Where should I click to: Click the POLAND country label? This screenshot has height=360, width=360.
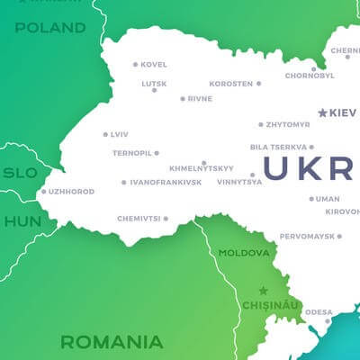pos(49,28)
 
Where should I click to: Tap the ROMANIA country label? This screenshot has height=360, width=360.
pos(112,342)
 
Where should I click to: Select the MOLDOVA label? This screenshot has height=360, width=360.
pos(244,253)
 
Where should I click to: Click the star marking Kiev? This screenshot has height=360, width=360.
pos(323,112)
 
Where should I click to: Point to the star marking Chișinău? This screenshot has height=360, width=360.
pos(263,291)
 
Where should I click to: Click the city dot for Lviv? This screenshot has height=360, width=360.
pos(105,134)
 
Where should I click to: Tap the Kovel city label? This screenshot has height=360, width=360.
pos(154,65)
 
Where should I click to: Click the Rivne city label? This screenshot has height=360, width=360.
pos(200,99)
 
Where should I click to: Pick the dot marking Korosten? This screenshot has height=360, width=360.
pos(259,84)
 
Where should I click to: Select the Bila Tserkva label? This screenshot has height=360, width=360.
pos(278,147)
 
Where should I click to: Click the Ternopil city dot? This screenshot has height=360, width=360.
pos(157,153)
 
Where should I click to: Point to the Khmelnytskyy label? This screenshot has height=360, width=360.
pos(202,168)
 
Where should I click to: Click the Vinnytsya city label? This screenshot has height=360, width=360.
pos(239,182)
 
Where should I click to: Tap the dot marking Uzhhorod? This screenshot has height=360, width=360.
pos(43,191)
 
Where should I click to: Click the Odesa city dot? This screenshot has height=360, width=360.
pos(328,319)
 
